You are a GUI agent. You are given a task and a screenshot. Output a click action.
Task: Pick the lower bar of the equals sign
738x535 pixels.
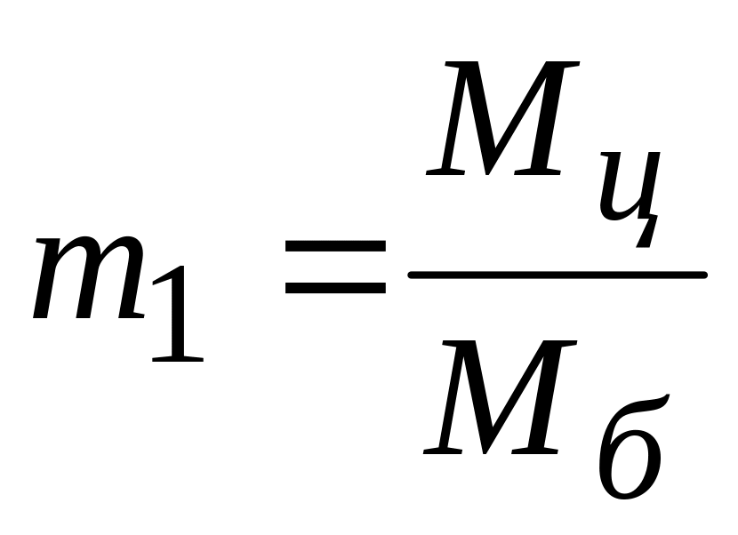334,288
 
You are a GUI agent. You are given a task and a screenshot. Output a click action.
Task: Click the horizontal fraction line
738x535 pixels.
557,275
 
